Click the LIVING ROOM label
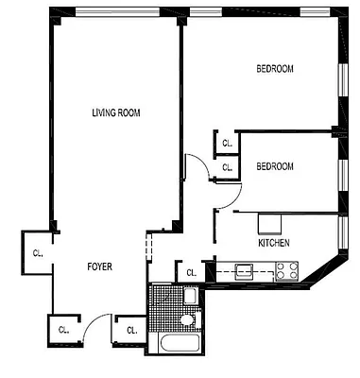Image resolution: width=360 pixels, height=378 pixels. [115, 113]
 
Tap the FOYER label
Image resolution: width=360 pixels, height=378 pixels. [98, 266]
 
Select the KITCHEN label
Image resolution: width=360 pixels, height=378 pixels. [274, 243]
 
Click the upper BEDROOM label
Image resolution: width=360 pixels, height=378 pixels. [275, 69]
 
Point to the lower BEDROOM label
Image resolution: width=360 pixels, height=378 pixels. [275, 166]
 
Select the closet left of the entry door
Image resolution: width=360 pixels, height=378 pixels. [63, 330]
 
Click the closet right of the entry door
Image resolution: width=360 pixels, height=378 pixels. [129, 330]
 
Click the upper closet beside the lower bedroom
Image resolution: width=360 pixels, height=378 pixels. [228, 144]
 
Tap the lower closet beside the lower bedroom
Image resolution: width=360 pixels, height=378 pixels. [228, 167]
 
